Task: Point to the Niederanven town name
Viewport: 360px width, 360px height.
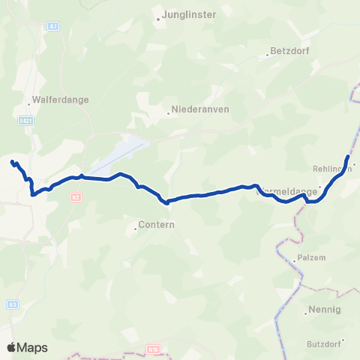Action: click(x=200, y=108)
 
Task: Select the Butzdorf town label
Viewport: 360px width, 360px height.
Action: click(x=324, y=343)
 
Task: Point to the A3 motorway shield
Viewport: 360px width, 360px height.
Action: click(x=13, y=304)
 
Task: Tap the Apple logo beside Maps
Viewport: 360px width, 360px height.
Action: click(x=11, y=348)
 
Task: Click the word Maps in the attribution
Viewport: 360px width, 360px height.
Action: click(x=33, y=348)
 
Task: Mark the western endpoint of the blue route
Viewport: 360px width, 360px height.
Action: click(x=11, y=161)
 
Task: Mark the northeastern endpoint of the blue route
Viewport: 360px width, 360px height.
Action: click(x=348, y=156)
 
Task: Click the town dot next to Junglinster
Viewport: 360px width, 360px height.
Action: click(x=158, y=19)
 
